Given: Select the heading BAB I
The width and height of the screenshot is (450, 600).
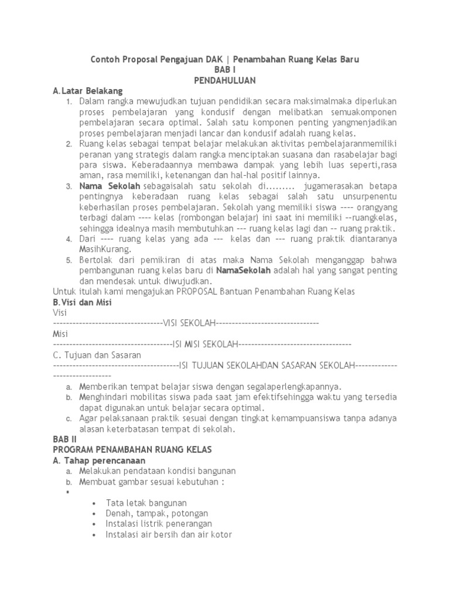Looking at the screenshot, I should [x=225, y=70].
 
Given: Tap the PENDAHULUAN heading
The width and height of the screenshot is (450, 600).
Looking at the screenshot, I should [x=225, y=80].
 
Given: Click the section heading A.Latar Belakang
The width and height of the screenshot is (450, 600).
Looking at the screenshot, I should [x=87, y=91].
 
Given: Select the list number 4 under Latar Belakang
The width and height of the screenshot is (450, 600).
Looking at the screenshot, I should [x=68, y=239].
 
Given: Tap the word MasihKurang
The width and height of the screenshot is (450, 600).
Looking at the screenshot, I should [x=105, y=250].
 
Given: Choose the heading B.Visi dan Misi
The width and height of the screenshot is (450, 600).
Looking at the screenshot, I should [x=82, y=302].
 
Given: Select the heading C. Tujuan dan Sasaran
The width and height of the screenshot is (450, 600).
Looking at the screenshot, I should [x=97, y=355].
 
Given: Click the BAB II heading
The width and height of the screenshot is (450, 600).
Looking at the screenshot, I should [x=65, y=439].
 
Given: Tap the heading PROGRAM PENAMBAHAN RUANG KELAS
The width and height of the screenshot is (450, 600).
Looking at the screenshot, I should [x=132, y=449].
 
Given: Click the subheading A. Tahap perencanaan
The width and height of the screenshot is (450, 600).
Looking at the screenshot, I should [x=99, y=460].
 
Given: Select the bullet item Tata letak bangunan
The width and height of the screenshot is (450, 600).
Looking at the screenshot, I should [x=146, y=503].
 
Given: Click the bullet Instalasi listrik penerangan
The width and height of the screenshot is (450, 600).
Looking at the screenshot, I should [x=159, y=524].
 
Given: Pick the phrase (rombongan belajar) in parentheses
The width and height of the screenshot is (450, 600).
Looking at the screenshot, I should [x=199, y=218].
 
